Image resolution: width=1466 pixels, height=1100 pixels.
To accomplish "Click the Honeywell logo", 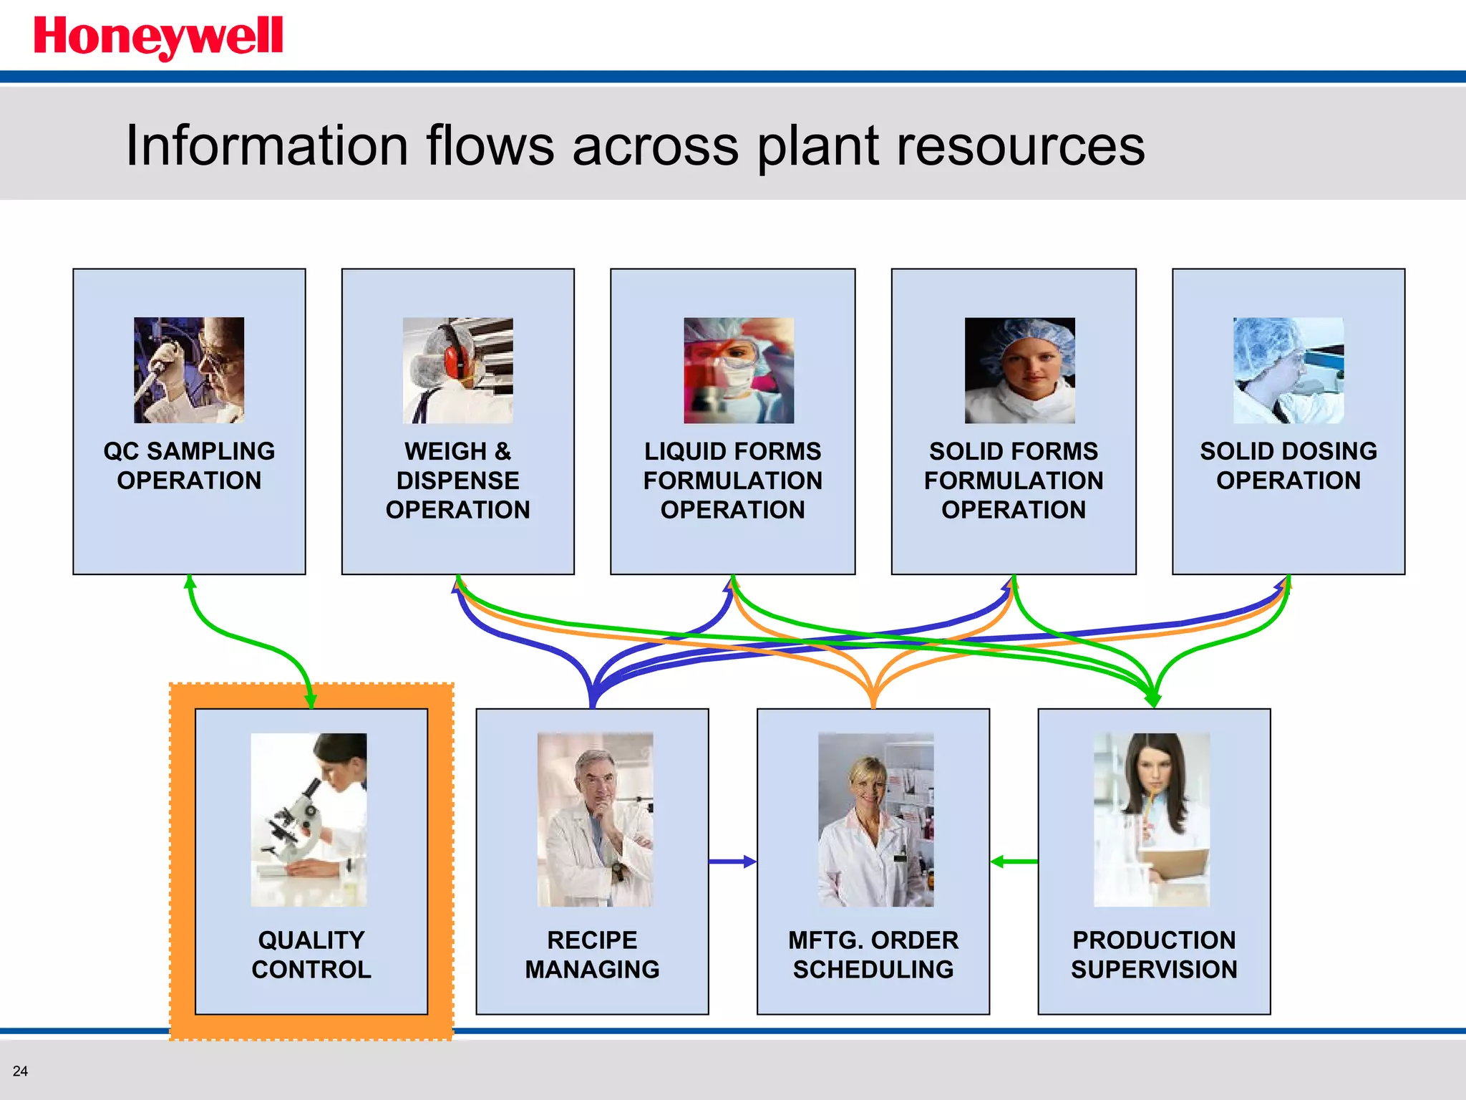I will coord(158,37).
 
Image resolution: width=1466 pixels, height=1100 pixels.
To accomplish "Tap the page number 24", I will coord(20,1071).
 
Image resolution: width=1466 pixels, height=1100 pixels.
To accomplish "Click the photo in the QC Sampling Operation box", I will coord(189,370).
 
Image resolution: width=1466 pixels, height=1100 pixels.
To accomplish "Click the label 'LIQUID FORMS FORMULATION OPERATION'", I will coord(732,480).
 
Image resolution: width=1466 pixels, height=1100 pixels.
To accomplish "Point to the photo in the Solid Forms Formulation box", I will coord(1019,370).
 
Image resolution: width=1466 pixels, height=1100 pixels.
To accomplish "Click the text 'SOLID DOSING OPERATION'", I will coord(1288,465).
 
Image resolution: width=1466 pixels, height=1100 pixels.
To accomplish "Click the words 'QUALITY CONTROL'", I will coord(311,954).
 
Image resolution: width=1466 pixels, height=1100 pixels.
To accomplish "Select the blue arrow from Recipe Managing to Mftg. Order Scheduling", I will coord(732,862).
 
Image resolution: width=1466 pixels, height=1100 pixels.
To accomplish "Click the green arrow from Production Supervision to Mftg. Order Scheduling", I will coord(1014,862).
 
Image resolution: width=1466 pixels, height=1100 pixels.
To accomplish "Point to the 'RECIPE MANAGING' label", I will coord(592,954).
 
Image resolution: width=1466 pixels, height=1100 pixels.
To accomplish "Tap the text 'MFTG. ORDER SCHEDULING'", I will coord(873,954).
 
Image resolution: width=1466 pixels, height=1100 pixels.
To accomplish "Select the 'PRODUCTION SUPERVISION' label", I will coord(1153,954).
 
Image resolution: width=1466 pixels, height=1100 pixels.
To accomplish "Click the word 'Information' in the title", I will coord(266,146).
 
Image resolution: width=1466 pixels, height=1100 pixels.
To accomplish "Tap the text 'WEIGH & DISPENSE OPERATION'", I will coord(457,480).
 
